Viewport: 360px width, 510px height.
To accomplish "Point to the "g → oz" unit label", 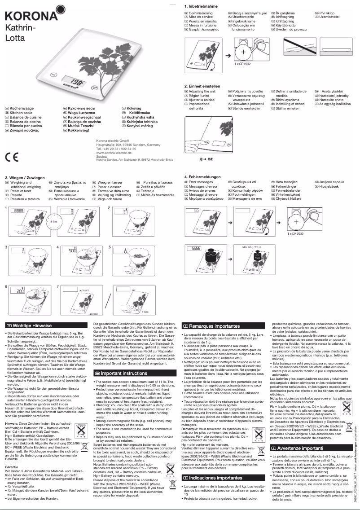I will [x=206, y=159].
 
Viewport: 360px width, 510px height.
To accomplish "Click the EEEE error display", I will [x=197, y=248].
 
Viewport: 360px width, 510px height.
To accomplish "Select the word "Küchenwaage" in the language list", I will [x=22, y=109].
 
